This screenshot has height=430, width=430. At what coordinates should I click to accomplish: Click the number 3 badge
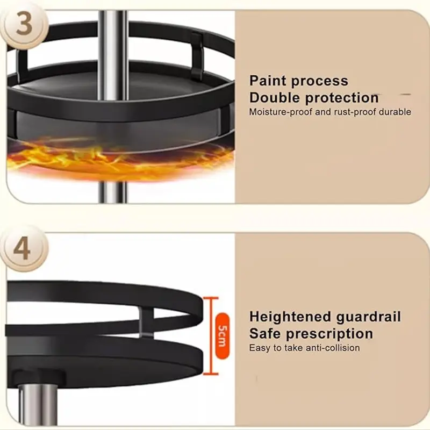(x=24, y=25)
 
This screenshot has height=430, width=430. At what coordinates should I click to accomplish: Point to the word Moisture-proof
(x=280, y=112)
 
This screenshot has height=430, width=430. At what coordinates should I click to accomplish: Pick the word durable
(x=395, y=112)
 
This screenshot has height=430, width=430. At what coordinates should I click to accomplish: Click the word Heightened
(x=290, y=317)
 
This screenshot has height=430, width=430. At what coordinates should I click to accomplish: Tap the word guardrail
(x=368, y=317)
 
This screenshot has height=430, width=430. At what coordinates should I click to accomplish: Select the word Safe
(x=265, y=334)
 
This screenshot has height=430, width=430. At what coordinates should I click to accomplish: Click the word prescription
(x=329, y=334)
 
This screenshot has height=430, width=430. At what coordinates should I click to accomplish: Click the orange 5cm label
(x=222, y=335)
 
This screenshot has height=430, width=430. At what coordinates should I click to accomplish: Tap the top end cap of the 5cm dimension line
(x=211, y=298)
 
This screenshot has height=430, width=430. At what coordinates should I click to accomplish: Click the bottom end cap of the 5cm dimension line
(x=211, y=374)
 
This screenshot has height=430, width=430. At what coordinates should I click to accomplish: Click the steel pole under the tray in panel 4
(x=38, y=405)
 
